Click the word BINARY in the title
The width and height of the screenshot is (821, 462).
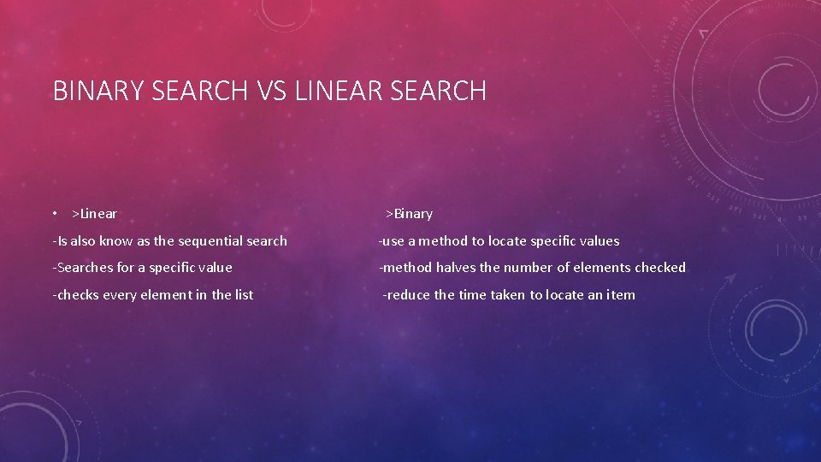tap(96, 91)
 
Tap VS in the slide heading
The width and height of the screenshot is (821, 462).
tap(270, 91)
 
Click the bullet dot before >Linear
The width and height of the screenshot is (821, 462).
tap(54, 214)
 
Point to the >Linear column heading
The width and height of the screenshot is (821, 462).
tap(94, 214)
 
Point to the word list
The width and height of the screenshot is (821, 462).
tap(244, 295)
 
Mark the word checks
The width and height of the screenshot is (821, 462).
tap(79, 295)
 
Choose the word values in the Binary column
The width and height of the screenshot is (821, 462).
tap(599, 241)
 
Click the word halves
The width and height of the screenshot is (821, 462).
tap(456, 268)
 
